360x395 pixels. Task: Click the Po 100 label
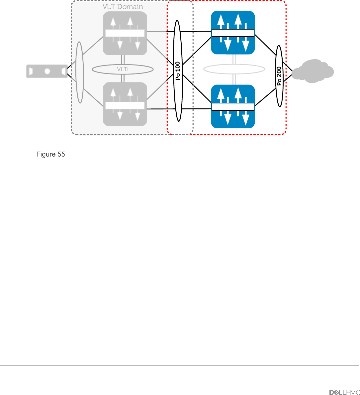coord(178,71)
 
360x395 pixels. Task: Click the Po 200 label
coord(279,76)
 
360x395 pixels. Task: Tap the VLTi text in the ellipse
coord(123,69)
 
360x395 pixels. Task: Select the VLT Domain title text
coord(123,7)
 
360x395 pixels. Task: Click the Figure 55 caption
coord(50,154)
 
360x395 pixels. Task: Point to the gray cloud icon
coord(313,71)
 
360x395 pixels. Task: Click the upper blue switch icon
coord(233,33)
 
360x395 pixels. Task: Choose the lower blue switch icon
coord(233,106)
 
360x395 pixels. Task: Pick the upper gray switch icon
coord(125,33)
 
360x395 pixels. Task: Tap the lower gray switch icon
coord(125,104)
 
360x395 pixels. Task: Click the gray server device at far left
coord(47,71)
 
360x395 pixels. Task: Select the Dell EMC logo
coord(344,392)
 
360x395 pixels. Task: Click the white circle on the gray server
coord(47,71)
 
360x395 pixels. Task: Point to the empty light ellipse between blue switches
coord(234,69)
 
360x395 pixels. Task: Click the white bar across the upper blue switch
coord(233,33)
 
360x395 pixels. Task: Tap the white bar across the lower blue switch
coord(233,107)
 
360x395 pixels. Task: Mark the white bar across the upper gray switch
coord(125,33)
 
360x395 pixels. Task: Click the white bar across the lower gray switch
coord(125,105)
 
